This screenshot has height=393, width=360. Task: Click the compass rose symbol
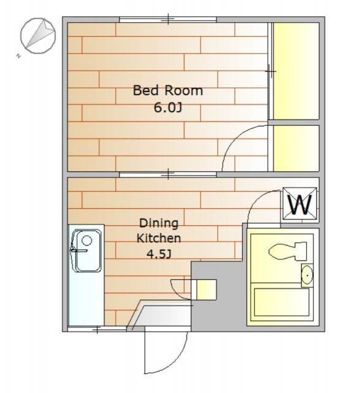click(x=37, y=36)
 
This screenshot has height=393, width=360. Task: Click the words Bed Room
click(x=167, y=90)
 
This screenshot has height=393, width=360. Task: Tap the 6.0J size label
click(x=167, y=108)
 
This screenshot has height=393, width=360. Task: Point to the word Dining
click(x=159, y=224)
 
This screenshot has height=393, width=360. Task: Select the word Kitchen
click(x=159, y=238)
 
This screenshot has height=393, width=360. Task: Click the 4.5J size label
click(x=159, y=254)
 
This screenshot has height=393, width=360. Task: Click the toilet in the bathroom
click(x=288, y=251)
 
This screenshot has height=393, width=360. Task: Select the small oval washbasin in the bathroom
click(x=307, y=275)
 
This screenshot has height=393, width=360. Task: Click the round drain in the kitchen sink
click(x=87, y=241)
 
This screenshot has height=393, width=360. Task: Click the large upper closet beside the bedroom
click(x=296, y=71)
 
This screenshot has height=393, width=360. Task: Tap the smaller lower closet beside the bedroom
click(x=296, y=149)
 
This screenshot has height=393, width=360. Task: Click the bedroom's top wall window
click(x=167, y=20)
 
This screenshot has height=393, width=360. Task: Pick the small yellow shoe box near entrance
click(x=206, y=289)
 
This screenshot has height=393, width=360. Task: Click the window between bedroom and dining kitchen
click(x=167, y=174)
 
